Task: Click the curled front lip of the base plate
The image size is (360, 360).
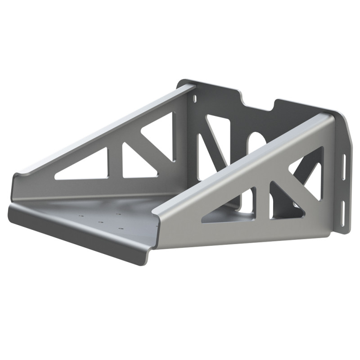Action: coord(76,234)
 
